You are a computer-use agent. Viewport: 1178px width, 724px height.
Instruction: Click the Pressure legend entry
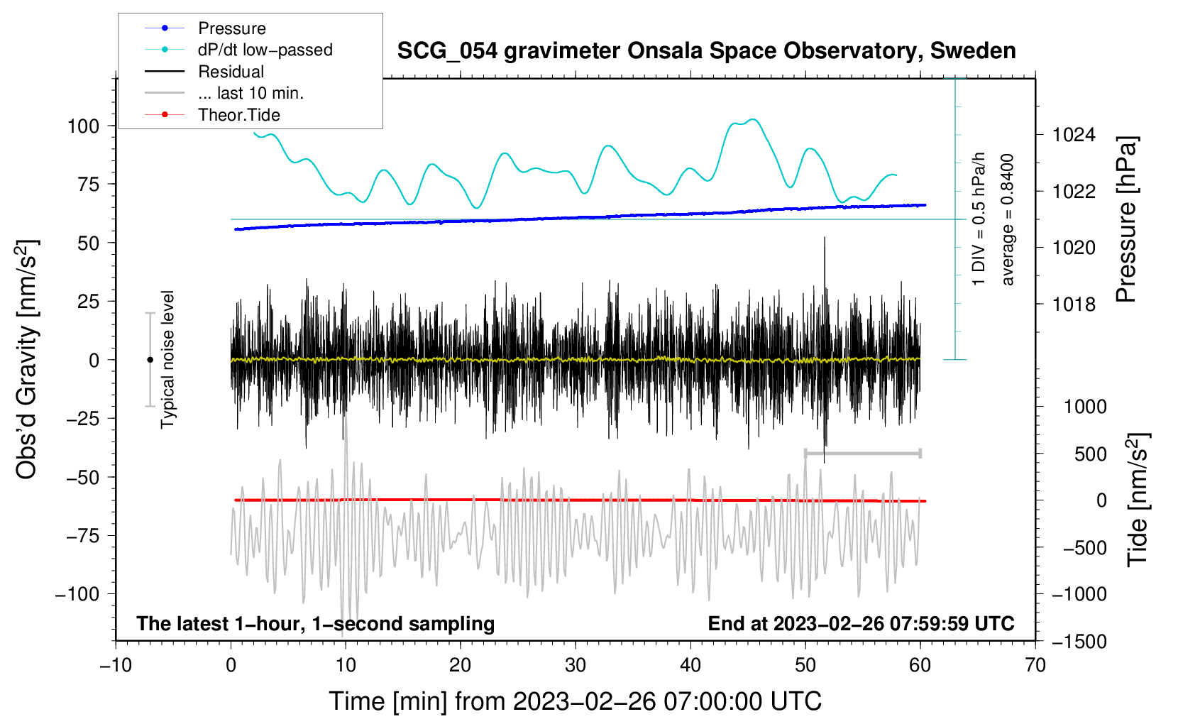pyautogui.click(x=231, y=28)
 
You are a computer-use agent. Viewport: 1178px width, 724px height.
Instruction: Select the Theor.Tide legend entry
pyautogui.click(x=238, y=115)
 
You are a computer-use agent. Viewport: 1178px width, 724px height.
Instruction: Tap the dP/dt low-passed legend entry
pyautogui.click(x=265, y=50)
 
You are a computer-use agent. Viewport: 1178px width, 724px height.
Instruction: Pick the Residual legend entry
pyautogui.click(x=231, y=72)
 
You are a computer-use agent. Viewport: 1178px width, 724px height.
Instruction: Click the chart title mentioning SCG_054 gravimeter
pyautogui.click(x=706, y=51)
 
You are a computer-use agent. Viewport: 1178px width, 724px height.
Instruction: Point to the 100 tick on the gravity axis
pyautogui.click(x=83, y=126)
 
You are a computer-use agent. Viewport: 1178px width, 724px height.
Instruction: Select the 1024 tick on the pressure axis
pyautogui.click(x=1074, y=135)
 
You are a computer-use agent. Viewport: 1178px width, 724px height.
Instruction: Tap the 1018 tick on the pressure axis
pyautogui.click(x=1074, y=305)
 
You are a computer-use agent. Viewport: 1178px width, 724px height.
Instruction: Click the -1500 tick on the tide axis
pyautogui.click(x=1079, y=642)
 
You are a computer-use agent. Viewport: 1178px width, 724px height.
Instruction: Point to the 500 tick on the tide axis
pyautogui.click(x=1090, y=454)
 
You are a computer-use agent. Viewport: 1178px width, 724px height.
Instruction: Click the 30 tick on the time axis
pyautogui.click(x=576, y=665)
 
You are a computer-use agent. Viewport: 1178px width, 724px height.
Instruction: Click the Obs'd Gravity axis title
pyautogui.click(x=27, y=360)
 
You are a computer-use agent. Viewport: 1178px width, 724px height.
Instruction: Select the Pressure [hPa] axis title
pyautogui.click(x=1126, y=220)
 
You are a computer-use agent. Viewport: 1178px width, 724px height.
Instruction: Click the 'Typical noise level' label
pyautogui.click(x=167, y=359)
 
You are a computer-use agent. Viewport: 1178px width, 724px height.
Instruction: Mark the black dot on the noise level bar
pyautogui.click(x=150, y=360)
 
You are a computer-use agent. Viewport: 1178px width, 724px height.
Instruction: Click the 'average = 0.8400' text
pyautogui.click(x=1008, y=220)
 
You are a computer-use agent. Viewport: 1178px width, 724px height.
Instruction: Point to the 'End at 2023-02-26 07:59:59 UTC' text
pyautogui.click(x=861, y=623)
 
